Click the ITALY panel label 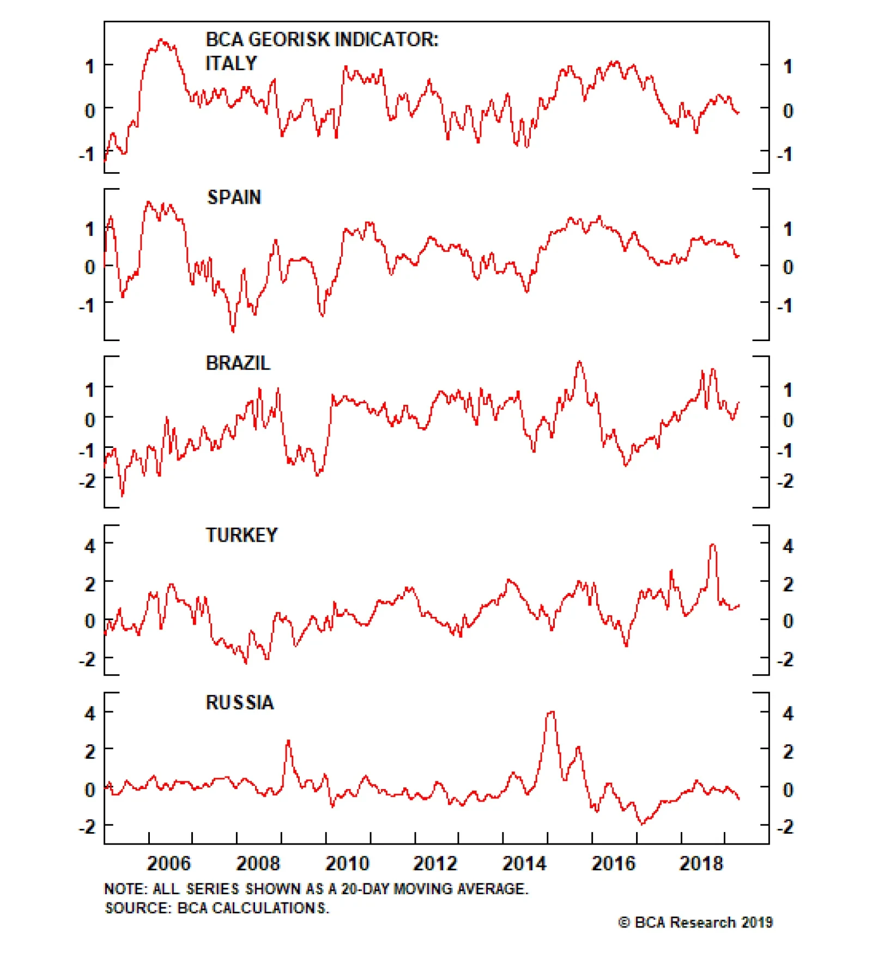click(231, 64)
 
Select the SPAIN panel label click(234, 197)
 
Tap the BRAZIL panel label click(238, 363)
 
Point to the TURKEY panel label click(241, 535)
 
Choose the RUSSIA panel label click(239, 702)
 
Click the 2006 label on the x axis click(169, 864)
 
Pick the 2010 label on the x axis click(347, 864)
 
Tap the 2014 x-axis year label click(524, 864)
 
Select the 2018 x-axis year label click(701, 864)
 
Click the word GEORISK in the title click(289, 40)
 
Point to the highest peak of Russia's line click(551, 712)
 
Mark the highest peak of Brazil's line click(579, 362)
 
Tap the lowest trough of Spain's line click(233, 330)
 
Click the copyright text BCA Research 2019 click(696, 923)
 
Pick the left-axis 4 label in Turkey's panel click(90, 546)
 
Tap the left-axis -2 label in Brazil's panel click(87, 481)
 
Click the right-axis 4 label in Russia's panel click(788, 714)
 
